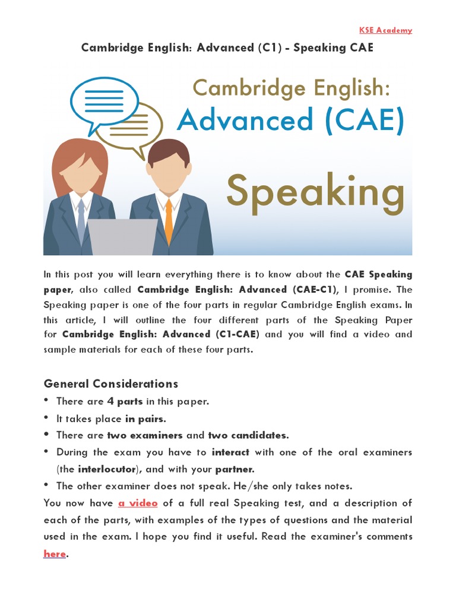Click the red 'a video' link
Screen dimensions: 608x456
138,503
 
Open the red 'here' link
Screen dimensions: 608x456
55,554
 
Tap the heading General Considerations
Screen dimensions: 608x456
111,383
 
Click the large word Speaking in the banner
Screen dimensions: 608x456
315,192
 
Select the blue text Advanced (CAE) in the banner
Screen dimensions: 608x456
290,121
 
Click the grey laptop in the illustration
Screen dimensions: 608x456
122,237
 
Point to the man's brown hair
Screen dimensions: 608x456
169,151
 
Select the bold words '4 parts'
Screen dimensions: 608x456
125,401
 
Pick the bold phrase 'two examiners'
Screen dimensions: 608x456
145,435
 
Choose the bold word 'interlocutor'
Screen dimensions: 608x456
106,469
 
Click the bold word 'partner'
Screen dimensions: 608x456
235,469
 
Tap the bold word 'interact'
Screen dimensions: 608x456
230,452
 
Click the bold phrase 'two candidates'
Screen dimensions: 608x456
248,435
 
